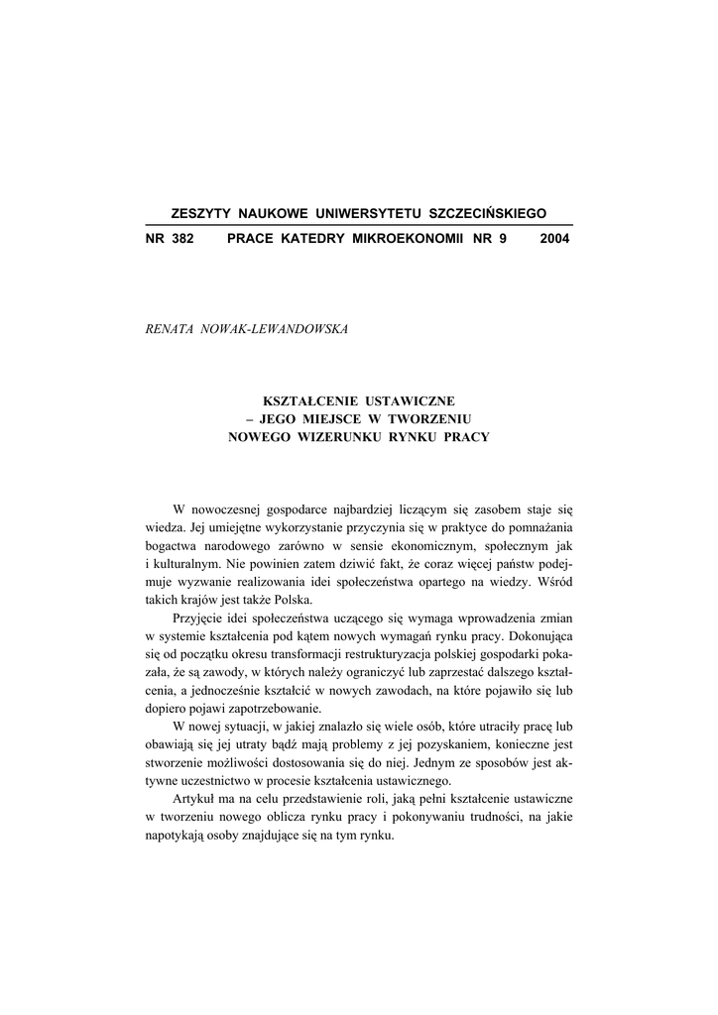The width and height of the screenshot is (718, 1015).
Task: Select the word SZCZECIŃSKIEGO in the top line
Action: pyautogui.click(x=487, y=214)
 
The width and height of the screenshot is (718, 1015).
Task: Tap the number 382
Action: pyautogui.click(x=181, y=239)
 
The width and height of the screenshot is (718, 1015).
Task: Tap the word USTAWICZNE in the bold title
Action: pyautogui.click(x=409, y=400)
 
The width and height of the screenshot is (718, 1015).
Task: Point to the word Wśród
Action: pyautogui.click(x=551, y=580)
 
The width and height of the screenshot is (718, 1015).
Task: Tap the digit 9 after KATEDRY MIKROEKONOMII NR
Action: pyautogui.click(x=502, y=239)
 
